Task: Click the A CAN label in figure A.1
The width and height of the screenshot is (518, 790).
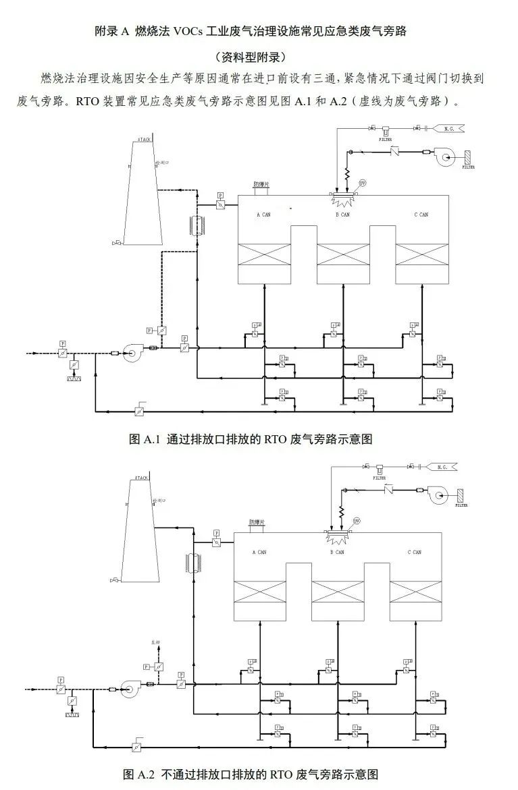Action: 263,215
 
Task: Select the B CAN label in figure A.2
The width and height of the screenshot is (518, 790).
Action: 338,553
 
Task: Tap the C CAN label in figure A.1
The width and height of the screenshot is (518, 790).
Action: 421,215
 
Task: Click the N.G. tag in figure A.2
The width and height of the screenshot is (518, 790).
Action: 442,467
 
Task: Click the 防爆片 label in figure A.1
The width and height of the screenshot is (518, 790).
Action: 261,184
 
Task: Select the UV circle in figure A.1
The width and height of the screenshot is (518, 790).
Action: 362,184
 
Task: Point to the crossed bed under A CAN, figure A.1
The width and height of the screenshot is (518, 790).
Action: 265,254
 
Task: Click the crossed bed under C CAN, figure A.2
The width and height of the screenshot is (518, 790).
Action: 415,592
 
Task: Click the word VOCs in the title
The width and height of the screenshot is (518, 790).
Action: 194,32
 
